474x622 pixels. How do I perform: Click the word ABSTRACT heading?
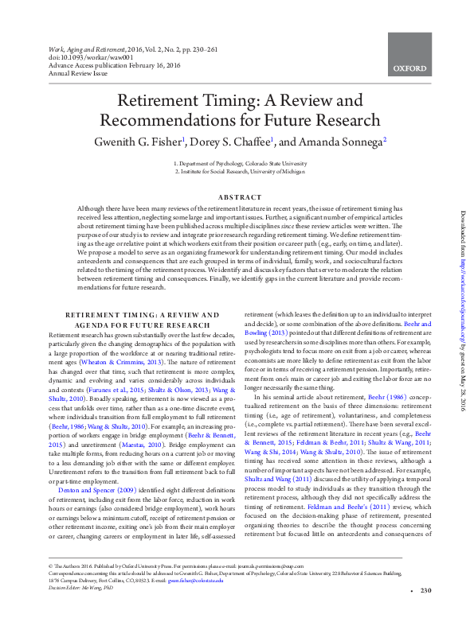tap(237, 197)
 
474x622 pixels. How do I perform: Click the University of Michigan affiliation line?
tap(237, 171)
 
